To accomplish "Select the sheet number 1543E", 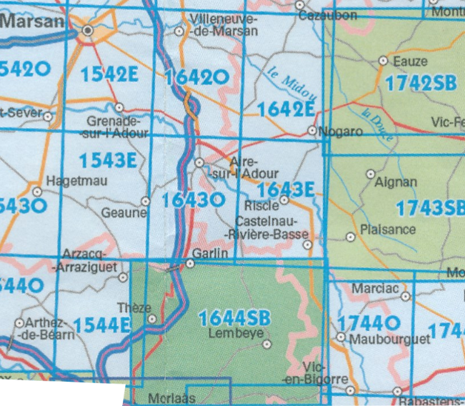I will [x=108, y=161].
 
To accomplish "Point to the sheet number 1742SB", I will [x=420, y=84].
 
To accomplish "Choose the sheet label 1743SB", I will [x=429, y=208].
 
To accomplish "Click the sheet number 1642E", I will [x=286, y=109].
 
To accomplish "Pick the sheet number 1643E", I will [x=286, y=190].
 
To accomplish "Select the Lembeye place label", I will [x=228, y=334].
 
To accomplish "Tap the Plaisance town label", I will [x=388, y=229].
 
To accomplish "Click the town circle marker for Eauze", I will [x=382, y=61].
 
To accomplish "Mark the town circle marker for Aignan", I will [x=370, y=174].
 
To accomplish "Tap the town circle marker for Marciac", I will [x=405, y=295].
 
